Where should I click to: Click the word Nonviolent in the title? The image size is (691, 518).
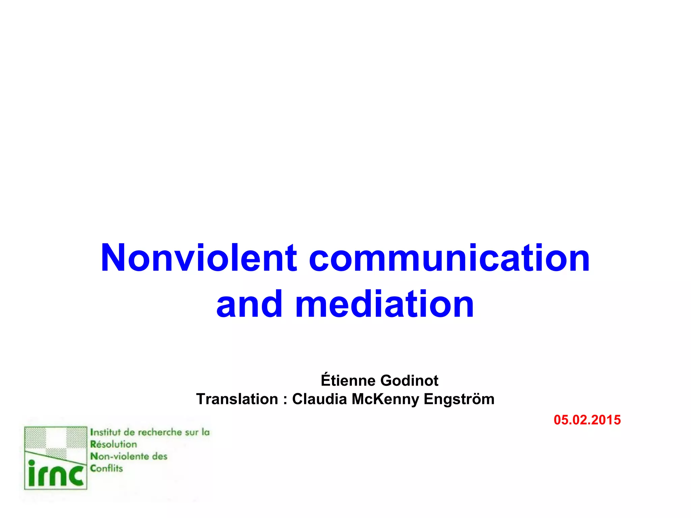tap(199, 258)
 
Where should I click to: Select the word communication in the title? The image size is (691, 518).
tap(449, 258)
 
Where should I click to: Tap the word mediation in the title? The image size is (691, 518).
tap(385, 304)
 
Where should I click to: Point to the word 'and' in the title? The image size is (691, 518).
tap(249, 304)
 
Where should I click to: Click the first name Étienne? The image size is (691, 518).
tap(348, 380)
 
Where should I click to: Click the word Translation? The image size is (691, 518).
tap(237, 399)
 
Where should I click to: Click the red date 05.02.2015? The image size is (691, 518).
tap(587, 420)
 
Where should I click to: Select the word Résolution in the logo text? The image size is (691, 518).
tap(113, 444)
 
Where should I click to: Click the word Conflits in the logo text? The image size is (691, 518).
tap(106, 468)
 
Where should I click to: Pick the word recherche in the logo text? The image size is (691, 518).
tap(160, 432)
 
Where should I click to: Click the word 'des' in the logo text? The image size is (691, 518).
tap(160, 456)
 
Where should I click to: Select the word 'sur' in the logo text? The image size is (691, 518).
tap(192, 432)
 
